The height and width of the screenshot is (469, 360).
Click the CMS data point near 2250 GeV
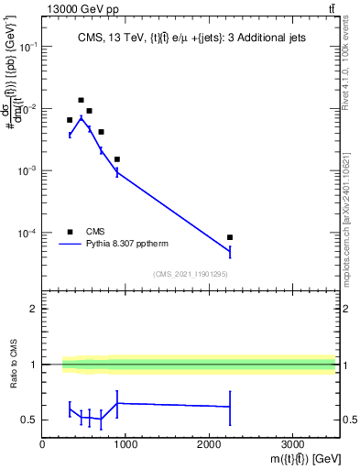click(x=230, y=237)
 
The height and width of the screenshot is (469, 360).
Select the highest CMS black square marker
click(x=81, y=100)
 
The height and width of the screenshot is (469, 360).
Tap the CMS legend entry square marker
click(x=70, y=232)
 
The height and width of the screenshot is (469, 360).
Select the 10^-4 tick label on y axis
click(x=27, y=234)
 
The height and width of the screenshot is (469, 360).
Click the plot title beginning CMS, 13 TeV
click(x=189, y=38)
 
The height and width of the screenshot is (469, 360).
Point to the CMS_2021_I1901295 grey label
click(x=190, y=274)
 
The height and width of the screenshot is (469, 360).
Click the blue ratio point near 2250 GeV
click(x=230, y=406)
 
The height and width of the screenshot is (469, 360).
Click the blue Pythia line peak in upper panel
click(x=81, y=117)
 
